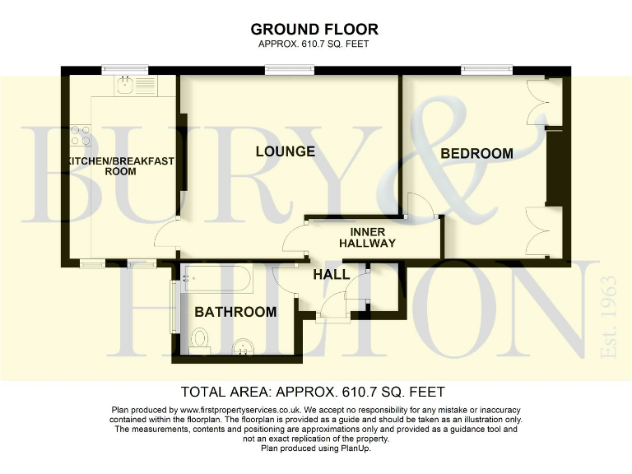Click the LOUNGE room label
click(285, 151)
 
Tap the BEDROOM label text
click(476, 153)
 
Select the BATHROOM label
click(235, 312)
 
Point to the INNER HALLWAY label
click(367, 237)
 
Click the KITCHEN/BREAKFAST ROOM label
click(121, 165)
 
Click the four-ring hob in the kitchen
click(80, 135)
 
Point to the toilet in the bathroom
click(200, 338)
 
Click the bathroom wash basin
click(243, 346)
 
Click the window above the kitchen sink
click(125, 71)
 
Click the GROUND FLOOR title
click(316, 30)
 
